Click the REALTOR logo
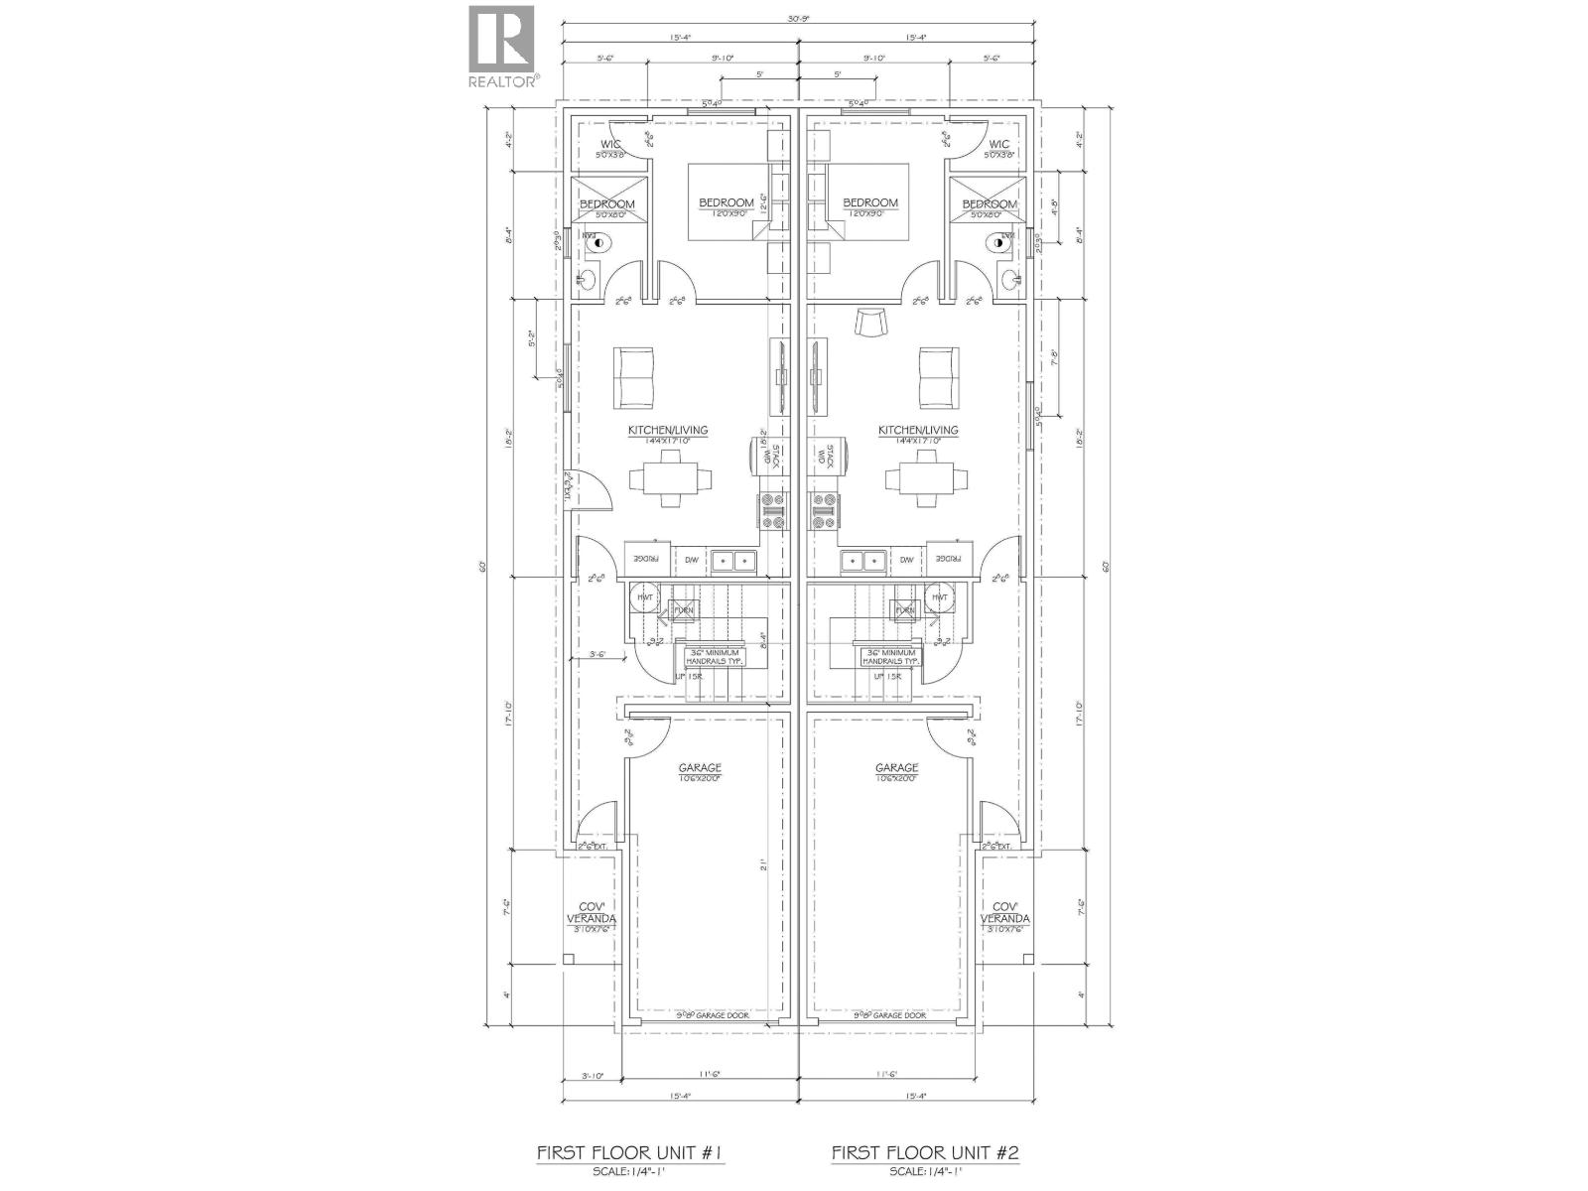click(x=503, y=45)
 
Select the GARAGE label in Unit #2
click(x=896, y=767)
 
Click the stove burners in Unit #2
click(x=823, y=512)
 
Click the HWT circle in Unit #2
click(x=938, y=597)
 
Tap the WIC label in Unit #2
click(x=998, y=145)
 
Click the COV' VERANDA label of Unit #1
click(x=591, y=913)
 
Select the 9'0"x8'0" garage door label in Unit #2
click(x=889, y=1016)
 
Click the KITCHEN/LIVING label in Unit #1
click(x=667, y=430)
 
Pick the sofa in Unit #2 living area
click(x=938, y=377)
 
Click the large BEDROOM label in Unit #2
click(x=870, y=202)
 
